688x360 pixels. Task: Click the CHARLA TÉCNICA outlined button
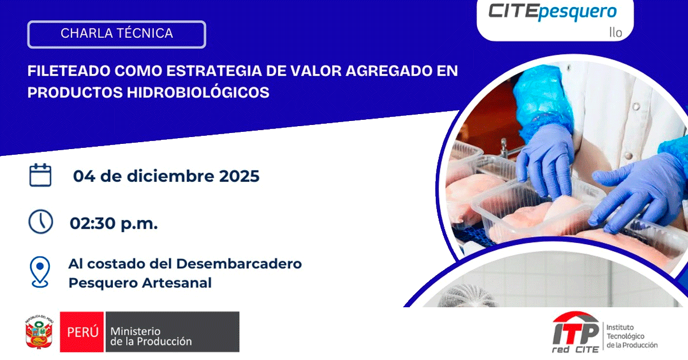(x=117, y=34)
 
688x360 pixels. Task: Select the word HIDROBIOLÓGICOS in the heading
(x=198, y=92)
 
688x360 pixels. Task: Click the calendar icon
(x=40, y=175)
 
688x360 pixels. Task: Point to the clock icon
(x=41, y=222)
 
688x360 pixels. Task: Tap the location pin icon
(x=40, y=272)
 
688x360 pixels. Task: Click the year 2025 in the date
(x=239, y=176)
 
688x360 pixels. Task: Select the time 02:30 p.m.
(x=114, y=224)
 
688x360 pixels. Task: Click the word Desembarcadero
(x=239, y=264)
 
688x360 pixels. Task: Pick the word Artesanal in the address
(x=177, y=283)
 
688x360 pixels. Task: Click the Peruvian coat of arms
(x=39, y=332)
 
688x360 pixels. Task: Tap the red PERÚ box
(x=81, y=332)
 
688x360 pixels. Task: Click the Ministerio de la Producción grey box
(x=173, y=332)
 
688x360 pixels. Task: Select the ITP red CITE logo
(x=576, y=332)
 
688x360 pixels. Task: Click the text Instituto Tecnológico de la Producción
(x=632, y=336)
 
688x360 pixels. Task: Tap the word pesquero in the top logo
(x=577, y=12)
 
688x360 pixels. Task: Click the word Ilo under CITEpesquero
(x=616, y=32)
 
